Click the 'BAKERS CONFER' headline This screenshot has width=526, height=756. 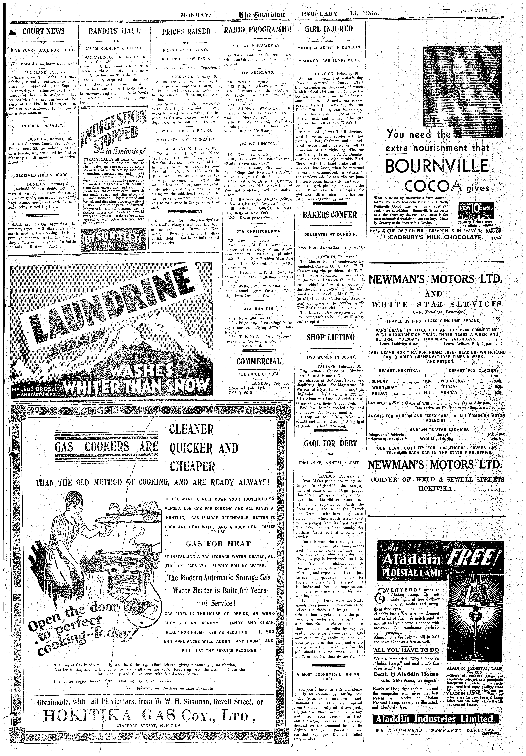point(330,215)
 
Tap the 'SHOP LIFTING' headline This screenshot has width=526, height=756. point(331,337)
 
